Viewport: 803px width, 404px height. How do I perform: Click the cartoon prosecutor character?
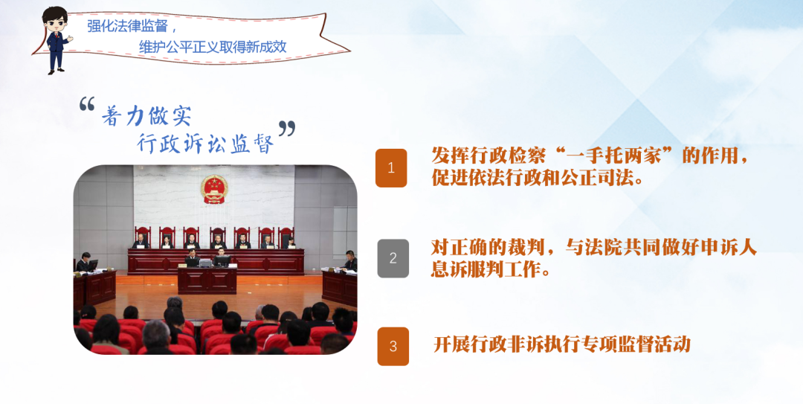coord(57,40)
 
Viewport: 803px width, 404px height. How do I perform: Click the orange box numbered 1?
coord(391,168)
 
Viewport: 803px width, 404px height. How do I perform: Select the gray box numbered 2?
coord(393,258)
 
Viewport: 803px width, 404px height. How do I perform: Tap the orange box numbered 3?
coord(393,347)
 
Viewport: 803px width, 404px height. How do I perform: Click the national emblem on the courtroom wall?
coord(213,189)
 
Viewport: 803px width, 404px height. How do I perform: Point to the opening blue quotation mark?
coord(87,105)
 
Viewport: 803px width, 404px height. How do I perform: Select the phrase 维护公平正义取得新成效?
coord(213,47)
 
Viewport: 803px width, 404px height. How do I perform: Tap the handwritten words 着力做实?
coord(146,116)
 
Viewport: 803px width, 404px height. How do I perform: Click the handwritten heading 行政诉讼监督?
coord(205,144)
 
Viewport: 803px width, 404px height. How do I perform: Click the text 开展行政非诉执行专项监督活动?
coord(562,344)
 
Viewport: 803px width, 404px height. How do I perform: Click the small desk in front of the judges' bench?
coord(207,280)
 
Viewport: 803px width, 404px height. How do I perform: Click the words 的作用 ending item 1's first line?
coord(709,155)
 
